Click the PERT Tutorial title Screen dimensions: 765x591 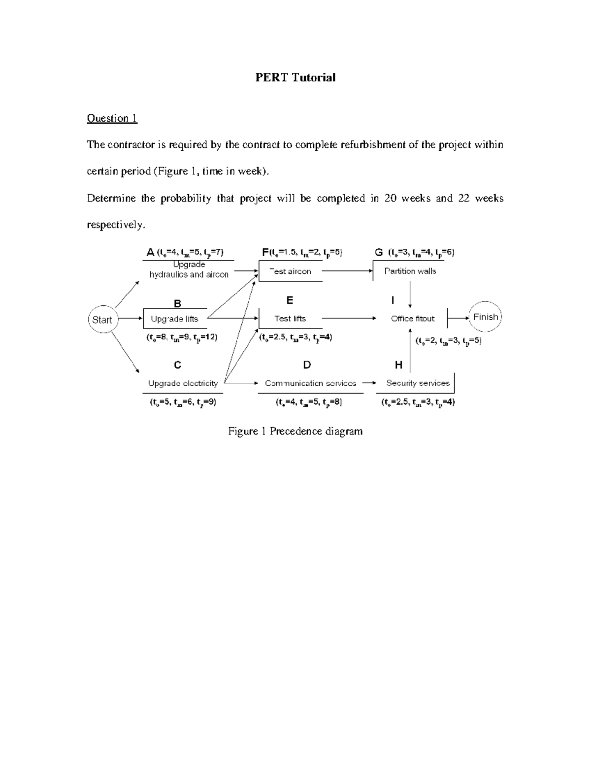click(x=295, y=77)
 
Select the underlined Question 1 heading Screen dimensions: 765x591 click(x=112, y=118)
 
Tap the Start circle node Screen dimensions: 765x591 click(x=102, y=320)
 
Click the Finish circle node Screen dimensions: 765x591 click(x=485, y=317)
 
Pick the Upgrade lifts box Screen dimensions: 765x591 click(x=174, y=319)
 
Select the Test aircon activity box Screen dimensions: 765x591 click(x=290, y=271)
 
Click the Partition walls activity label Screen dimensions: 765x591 click(x=410, y=271)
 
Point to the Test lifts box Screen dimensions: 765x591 click(x=290, y=319)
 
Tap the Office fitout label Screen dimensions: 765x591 click(x=413, y=319)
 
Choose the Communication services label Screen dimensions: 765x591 click(x=310, y=383)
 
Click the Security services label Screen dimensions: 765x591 click(x=418, y=383)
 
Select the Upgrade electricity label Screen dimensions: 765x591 click(x=183, y=383)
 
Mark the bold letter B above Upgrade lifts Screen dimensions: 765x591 click(x=177, y=304)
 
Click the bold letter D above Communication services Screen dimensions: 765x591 click(x=307, y=365)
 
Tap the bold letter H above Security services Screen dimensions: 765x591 click(x=398, y=365)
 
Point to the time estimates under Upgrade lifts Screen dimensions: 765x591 click(x=182, y=337)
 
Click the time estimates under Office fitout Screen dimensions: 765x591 click(x=448, y=341)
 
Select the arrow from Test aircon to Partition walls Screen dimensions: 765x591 click(x=347, y=271)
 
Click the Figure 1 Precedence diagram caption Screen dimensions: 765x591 click(x=295, y=432)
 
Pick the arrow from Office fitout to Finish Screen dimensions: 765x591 click(x=459, y=318)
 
